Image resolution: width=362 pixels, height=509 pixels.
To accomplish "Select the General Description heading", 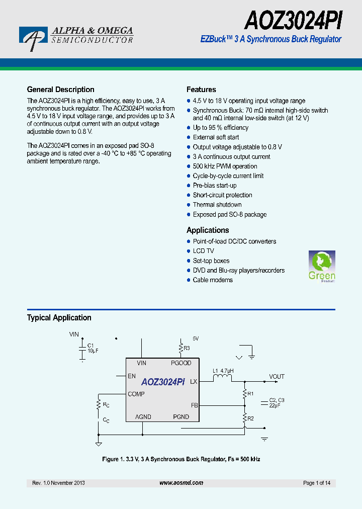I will point(60,90).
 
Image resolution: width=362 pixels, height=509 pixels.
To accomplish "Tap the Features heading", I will point(201,90).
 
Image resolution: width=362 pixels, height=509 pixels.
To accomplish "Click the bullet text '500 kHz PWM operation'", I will point(225,166).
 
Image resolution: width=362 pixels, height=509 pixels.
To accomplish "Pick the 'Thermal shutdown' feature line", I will point(217,205).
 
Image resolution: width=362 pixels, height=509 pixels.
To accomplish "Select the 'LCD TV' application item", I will point(203,251).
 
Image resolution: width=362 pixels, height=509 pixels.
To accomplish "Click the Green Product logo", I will point(321,266).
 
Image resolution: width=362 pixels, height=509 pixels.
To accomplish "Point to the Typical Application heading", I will point(59,318).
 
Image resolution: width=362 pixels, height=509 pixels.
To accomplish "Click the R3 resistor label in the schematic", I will point(187,348).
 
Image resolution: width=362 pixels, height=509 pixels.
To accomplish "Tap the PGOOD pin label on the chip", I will point(181,363).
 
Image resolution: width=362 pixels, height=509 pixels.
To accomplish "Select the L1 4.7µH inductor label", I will point(223,371).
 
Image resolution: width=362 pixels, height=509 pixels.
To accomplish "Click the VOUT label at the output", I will point(277,376).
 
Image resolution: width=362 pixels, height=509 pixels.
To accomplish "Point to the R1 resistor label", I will point(251,393).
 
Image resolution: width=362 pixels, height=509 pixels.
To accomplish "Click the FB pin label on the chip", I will point(194,405).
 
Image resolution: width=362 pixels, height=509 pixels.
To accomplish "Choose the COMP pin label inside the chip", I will point(136,394).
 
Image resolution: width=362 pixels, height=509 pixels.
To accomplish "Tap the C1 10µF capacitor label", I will point(92,349).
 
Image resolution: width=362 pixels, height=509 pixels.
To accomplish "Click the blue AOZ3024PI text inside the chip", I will point(163,382).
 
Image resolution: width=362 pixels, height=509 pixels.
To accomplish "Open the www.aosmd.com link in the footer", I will point(181,483).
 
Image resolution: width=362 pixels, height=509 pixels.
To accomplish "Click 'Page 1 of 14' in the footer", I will point(317,483).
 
